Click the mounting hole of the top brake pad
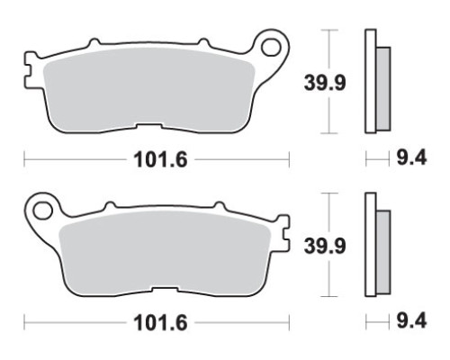pos(271,48)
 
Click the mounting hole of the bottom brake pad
pos(43,211)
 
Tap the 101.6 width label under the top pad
pos(160,159)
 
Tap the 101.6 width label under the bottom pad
pos(160,323)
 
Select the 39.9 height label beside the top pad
pos(325,83)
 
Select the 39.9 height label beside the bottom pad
pos(325,246)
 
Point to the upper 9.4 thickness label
pos(411,158)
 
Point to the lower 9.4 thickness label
pos(411,321)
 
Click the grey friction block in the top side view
pos(383,89)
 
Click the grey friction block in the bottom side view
pos(383,252)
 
